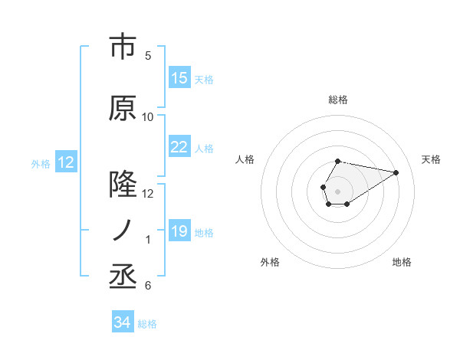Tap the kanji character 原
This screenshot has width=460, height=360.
[122, 108]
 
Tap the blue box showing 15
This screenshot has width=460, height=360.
[179, 78]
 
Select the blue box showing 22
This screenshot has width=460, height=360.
[179, 147]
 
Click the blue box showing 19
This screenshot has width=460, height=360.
[179, 231]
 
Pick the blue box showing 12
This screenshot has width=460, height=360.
[65, 162]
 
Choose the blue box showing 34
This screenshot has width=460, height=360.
[122, 323]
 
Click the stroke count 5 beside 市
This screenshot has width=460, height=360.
[148, 56]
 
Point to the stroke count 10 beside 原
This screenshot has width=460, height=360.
[148, 117]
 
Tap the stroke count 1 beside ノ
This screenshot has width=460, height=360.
[148, 241]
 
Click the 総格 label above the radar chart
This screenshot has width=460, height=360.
[337, 100]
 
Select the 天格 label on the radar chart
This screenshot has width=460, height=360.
[432, 159]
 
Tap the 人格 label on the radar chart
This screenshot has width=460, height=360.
[245, 159]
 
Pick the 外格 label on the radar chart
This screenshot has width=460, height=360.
[270, 263]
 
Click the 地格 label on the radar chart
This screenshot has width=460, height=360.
[402, 263]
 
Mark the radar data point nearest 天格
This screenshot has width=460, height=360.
[397, 172]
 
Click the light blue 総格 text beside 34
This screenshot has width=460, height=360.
[147, 324]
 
